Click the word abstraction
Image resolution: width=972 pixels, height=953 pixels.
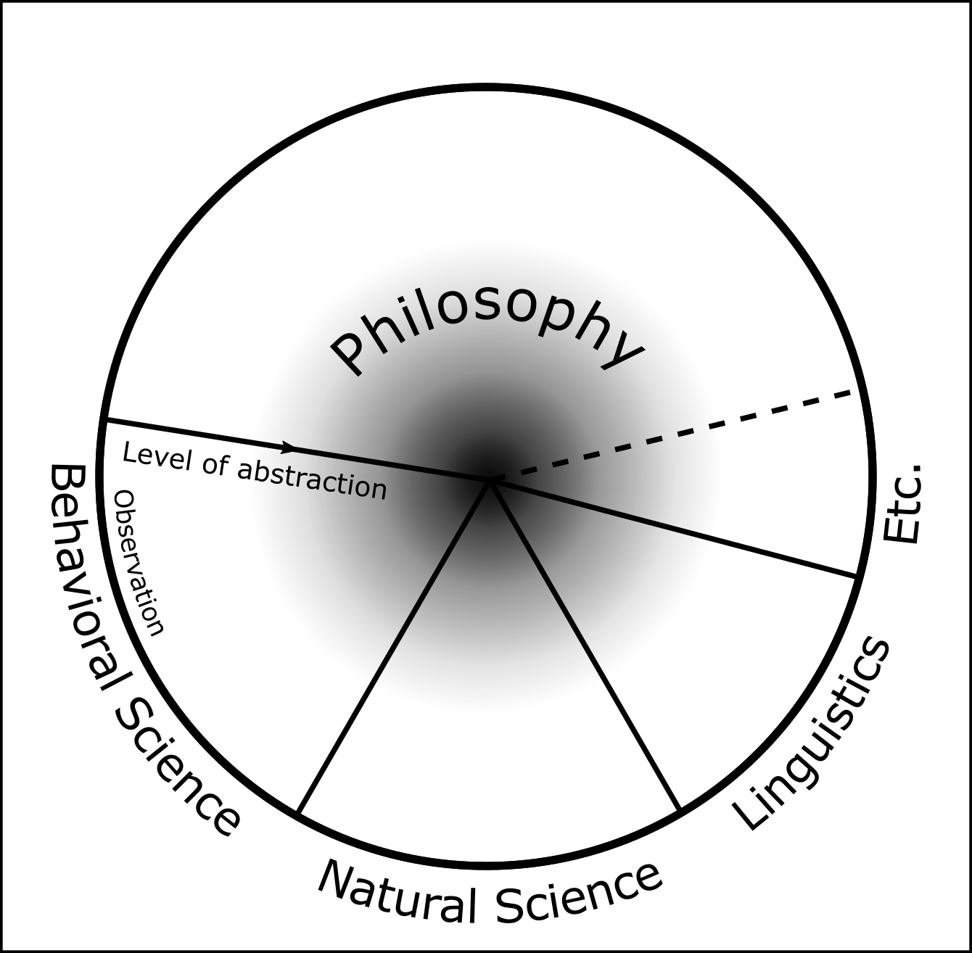click(x=312, y=479)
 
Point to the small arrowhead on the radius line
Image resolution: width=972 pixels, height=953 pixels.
click(x=289, y=446)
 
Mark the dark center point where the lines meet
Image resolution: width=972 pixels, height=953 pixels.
click(x=490, y=479)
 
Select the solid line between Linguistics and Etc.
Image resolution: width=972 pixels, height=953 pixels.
click(x=675, y=529)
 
